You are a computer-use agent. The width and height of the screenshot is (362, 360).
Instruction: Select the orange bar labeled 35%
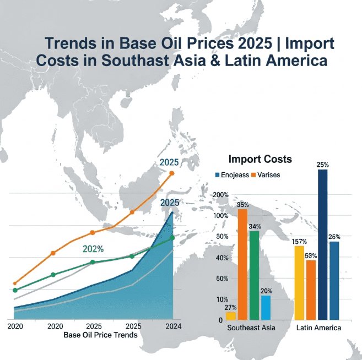242,264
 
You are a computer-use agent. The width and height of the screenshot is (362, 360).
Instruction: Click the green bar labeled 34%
255,275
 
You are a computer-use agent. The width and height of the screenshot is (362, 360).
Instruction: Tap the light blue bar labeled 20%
266,308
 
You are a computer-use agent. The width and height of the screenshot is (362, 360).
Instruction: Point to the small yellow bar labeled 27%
231,316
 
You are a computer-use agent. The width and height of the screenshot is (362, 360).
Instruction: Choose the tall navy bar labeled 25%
323,244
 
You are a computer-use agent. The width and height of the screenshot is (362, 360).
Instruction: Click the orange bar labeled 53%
311,290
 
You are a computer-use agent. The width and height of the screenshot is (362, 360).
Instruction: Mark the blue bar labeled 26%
334,280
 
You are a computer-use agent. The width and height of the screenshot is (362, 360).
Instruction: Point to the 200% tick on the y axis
220,195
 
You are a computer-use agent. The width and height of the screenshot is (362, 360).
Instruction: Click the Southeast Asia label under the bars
251,328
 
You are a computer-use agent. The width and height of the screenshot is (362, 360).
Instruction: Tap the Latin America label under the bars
318,328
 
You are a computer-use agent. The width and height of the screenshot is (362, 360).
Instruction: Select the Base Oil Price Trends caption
100,335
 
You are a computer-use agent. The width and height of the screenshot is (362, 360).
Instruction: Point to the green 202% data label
93,248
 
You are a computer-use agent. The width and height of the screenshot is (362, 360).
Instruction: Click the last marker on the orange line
172,173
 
